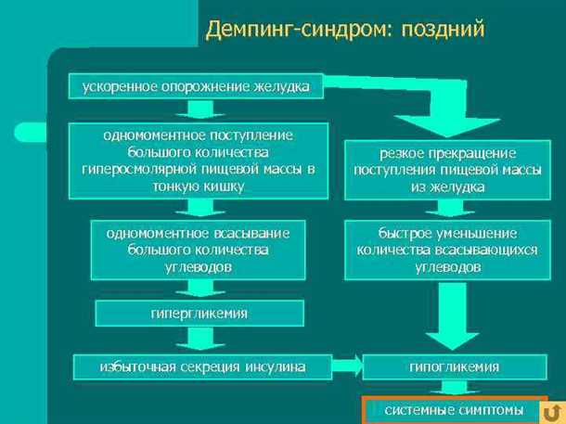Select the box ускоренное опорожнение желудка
tap(196, 86)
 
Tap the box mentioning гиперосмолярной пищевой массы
tap(199, 161)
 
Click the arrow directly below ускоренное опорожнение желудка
tap(199, 110)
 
